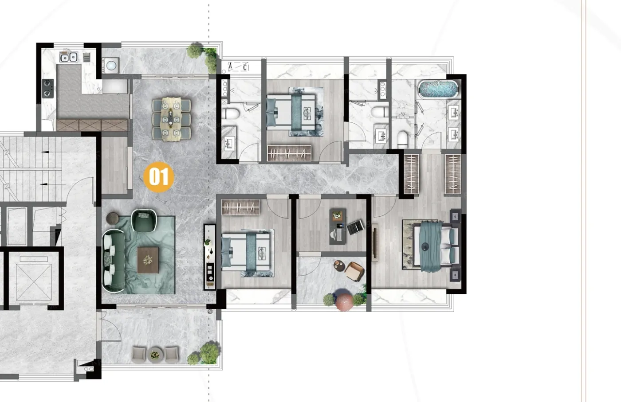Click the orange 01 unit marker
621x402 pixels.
[159, 177]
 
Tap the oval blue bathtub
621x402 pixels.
[438, 89]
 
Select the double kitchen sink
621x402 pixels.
[68, 57]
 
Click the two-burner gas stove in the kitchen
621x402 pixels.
[48, 88]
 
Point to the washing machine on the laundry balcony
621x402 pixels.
[110, 66]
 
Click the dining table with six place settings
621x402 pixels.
[171, 119]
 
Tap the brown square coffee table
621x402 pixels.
[148, 260]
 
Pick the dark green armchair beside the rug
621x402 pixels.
[144, 221]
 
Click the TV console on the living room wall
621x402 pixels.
[209, 257]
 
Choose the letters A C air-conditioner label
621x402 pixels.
[238, 66]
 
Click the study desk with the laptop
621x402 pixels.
[338, 226]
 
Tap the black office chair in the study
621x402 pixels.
[355, 227]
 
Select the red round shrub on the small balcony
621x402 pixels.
[344, 300]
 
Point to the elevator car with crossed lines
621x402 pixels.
[34, 282]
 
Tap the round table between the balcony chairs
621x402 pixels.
[155, 354]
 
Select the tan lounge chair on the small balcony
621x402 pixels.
[354, 271]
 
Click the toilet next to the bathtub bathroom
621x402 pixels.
[403, 139]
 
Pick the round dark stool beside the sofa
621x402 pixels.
[113, 218]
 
